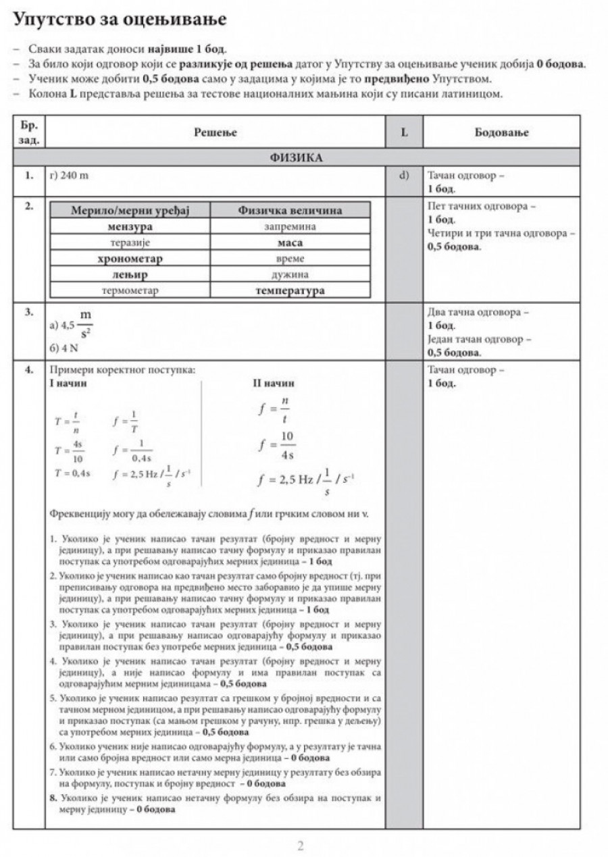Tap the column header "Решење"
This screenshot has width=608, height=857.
pyautogui.click(x=216, y=133)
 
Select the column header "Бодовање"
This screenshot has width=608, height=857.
pyautogui.click(x=501, y=133)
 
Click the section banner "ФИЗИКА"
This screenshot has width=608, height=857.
pyautogui.click(x=296, y=158)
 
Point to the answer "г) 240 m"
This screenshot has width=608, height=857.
pyautogui.click(x=70, y=176)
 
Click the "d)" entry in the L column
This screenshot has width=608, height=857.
pyautogui.click(x=405, y=176)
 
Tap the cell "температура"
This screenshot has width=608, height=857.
pyautogui.click(x=290, y=291)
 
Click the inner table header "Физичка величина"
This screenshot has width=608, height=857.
pyautogui.click(x=290, y=211)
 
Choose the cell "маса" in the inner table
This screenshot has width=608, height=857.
pyautogui.click(x=290, y=242)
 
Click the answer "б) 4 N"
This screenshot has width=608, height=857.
pyautogui.click(x=65, y=349)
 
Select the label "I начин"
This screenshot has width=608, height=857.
pyautogui.click(x=68, y=383)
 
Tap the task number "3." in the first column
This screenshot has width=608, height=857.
pyautogui.click(x=29, y=313)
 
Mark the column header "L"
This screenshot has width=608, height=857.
pyautogui.click(x=404, y=133)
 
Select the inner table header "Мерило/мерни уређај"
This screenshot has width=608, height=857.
pyautogui.click(x=131, y=211)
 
